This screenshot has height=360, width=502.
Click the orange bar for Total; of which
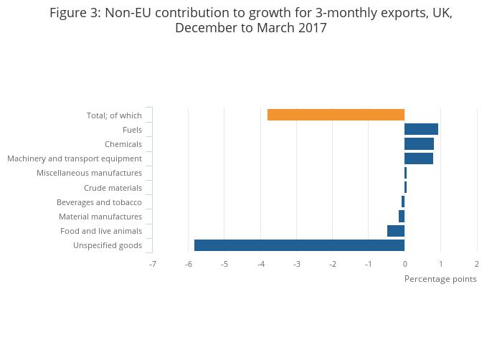pos(336,115)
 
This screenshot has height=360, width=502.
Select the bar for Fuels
pos(421,129)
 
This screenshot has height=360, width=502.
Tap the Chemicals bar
pos(419,144)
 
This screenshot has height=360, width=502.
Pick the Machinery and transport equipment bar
pos(418,158)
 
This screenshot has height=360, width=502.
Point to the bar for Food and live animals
pos(396,231)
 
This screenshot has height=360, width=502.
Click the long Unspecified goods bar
pos(299,245)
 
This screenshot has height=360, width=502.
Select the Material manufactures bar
pos(402,217)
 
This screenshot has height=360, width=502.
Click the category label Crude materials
pos(113,188)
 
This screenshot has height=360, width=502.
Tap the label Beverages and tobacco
pos(100,202)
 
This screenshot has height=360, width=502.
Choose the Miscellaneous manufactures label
pos(89,173)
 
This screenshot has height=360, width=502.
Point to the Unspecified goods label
pos(108,246)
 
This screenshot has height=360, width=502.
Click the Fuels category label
pos(132,130)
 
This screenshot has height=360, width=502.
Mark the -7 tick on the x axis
pos(152,265)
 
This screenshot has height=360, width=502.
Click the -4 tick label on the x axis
pos(260,265)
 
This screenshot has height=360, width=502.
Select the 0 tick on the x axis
pos(404,265)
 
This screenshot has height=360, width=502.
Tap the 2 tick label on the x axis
pos(477,265)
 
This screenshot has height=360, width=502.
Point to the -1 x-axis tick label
pos(369,265)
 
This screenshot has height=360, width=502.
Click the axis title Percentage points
pos(440,279)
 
